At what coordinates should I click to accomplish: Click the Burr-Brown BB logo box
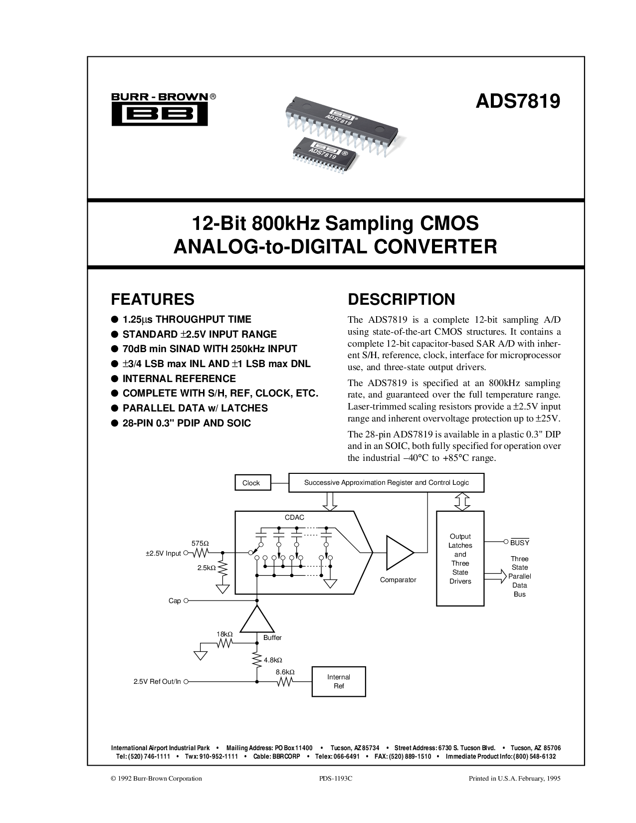point(160,114)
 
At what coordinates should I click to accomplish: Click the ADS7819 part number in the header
point(517,101)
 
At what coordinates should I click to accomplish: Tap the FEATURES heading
point(152,299)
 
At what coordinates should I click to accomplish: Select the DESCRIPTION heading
point(401,299)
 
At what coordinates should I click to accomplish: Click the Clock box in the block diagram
point(253,482)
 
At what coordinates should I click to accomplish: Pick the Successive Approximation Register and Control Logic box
point(386,482)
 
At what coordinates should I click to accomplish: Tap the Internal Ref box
point(339,681)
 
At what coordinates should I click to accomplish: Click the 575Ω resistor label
point(200,543)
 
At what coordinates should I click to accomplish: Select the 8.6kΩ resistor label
point(285,671)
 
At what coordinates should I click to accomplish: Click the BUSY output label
point(519,542)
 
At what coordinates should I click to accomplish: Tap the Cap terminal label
point(174,601)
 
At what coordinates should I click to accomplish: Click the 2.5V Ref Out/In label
point(157,682)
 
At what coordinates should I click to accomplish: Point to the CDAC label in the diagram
point(294,517)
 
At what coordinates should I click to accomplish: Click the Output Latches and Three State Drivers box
point(460,558)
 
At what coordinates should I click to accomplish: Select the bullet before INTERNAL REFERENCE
point(114,379)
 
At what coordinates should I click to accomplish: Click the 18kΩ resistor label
point(224,634)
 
